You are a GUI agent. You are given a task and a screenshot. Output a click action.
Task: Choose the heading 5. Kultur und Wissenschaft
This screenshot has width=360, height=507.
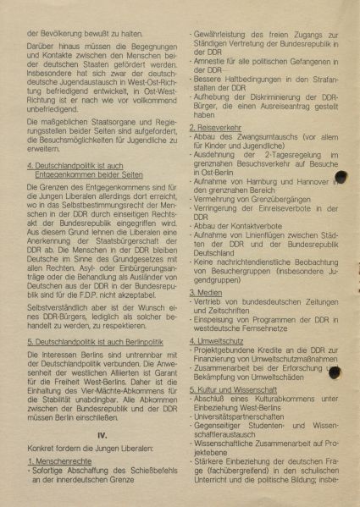241,389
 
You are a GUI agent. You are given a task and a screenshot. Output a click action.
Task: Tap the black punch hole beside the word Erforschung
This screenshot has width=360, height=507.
335,371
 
